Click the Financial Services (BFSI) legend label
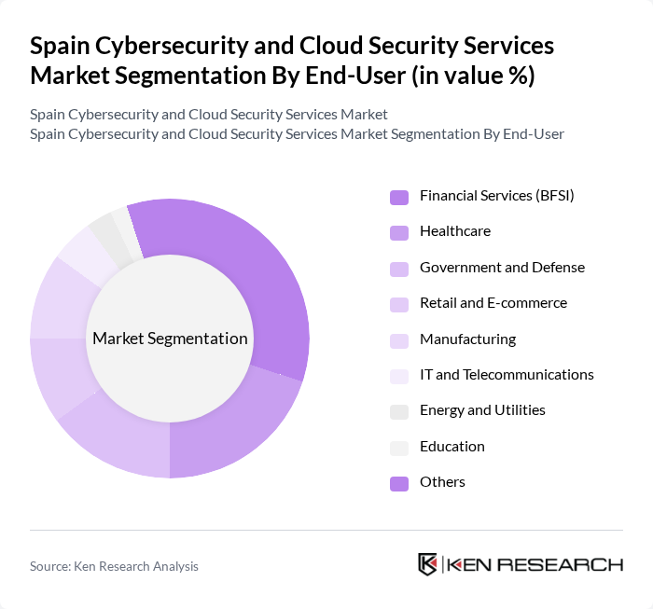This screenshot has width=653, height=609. [496, 196]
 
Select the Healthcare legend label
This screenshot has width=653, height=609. [454, 231]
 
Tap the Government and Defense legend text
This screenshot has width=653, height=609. [502, 268]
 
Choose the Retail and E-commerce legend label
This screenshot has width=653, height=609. [493, 303]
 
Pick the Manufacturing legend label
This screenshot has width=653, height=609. [467, 339]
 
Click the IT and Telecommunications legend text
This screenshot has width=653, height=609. [507, 375]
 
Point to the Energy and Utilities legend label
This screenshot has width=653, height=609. [482, 410]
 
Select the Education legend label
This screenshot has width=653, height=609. [452, 447]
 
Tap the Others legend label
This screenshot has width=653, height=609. [442, 482]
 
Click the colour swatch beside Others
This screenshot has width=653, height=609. [398, 483]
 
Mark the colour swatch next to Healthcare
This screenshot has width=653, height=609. [398, 232]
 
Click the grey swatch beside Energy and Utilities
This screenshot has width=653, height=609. [398, 411]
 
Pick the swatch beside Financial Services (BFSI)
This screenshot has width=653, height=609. [398, 197]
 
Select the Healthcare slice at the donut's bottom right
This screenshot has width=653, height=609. [233, 429]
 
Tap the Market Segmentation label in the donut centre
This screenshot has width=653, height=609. [170, 339]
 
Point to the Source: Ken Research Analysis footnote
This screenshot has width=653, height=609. [114, 566]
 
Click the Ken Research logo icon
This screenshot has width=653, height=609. [428, 564]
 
